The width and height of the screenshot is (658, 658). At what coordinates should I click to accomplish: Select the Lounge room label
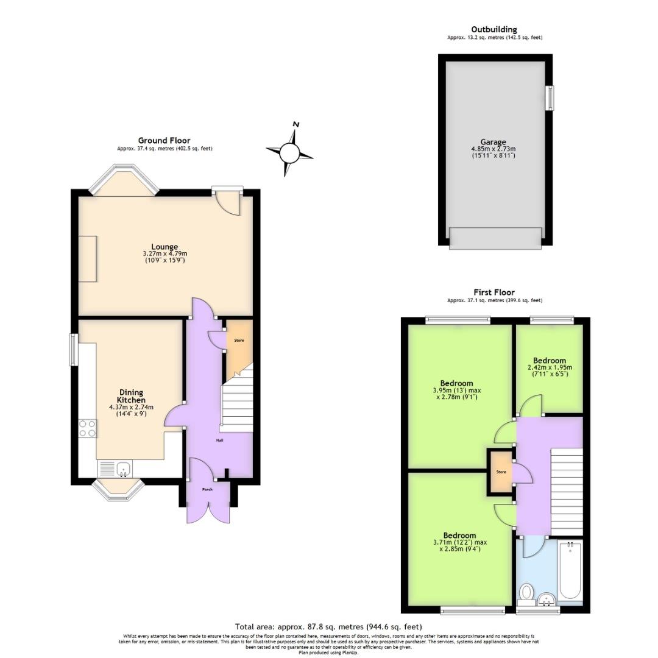click(164, 247)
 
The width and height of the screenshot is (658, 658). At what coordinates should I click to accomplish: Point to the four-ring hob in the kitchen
click(88, 429)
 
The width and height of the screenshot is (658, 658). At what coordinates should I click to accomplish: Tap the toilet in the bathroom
click(526, 592)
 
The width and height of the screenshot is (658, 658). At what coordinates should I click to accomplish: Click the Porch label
click(208, 489)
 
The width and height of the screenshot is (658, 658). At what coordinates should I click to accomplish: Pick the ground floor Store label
click(239, 340)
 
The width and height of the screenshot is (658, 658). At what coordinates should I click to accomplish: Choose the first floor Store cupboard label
click(501, 472)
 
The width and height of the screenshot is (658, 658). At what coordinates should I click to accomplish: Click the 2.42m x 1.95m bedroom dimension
click(550, 367)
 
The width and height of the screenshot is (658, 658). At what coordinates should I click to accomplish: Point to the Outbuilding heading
click(494, 29)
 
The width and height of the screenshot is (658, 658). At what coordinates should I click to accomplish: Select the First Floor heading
click(494, 292)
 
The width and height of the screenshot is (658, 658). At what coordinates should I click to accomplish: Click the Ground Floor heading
click(164, 141)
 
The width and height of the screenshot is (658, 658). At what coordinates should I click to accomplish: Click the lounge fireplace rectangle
click(87, 259)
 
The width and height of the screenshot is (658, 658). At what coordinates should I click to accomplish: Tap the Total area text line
click(328, 626)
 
